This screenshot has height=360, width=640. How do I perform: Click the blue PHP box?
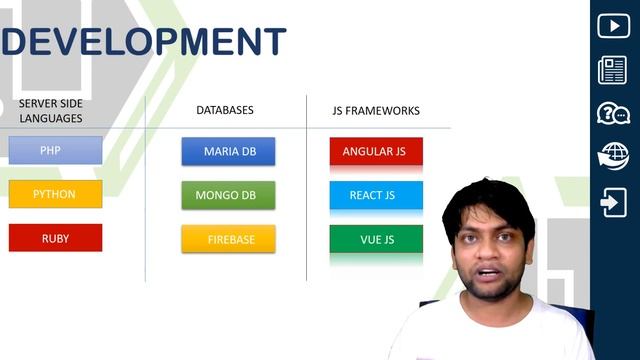tap(55, 151)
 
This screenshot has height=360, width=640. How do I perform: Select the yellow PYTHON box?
tap(55, 194)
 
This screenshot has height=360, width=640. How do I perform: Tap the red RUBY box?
tap(55, 238)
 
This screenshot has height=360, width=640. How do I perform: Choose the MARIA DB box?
tap(228, 151)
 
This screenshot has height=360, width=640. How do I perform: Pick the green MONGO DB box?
tap(228, 195)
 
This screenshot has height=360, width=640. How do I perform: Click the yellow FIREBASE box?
tap(228, 239)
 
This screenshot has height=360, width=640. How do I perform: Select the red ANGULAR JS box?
tap(375, 151)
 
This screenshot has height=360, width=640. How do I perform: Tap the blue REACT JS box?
tap(375, 195)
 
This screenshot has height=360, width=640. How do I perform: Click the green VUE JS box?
tap(375, 239)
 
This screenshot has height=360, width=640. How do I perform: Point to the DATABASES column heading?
tap(224, 110)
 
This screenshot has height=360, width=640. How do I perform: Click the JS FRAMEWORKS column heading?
tap(375, 110)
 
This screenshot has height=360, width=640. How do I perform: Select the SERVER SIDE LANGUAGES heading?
tap(50, 111)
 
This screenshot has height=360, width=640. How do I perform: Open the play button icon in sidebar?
tap(613, 26)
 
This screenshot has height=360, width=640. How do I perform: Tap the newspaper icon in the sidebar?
tap(613, 70)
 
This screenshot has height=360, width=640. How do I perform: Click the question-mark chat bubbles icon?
tap(613, 113)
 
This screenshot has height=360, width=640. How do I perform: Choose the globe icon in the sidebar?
tap(613, 157)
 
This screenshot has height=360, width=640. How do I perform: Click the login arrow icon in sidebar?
tap(613, 203)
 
